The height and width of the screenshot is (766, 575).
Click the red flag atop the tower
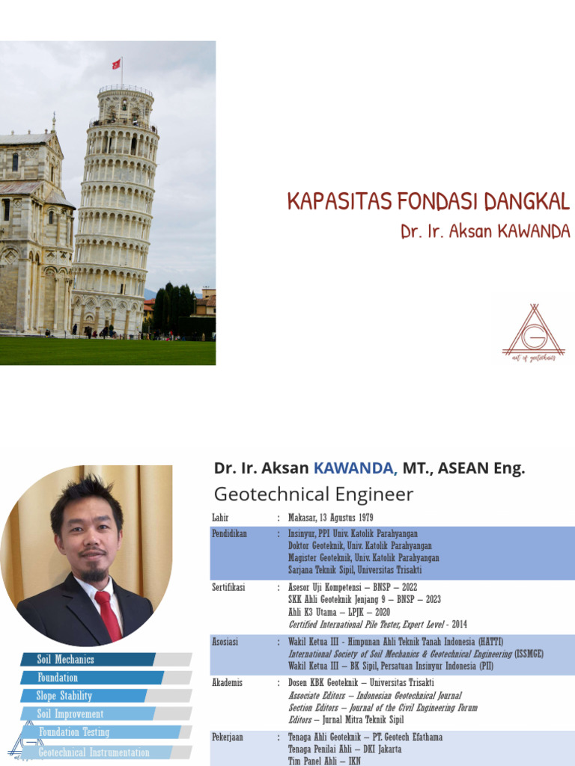[117, 64]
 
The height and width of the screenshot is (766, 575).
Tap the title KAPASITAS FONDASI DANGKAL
[429, 202]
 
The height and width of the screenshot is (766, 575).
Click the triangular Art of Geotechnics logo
[533, 331]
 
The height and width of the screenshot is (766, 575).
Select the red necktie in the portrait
[108, 613]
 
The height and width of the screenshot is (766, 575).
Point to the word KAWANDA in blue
[355, 469]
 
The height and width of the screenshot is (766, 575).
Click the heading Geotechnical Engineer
[313, 494]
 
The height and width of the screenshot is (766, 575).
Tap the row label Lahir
[220, 518]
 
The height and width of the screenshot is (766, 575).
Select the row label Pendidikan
[230, 534]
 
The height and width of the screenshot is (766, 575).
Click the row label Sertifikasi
[229, 588]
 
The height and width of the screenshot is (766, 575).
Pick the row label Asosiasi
[227, 642]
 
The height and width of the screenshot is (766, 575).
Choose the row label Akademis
[228, 683]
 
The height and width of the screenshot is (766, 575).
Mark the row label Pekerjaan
[229, 737]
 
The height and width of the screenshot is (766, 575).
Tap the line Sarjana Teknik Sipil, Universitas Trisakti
[356, 570]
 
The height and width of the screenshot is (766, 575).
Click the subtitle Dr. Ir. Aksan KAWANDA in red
[485, 232]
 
